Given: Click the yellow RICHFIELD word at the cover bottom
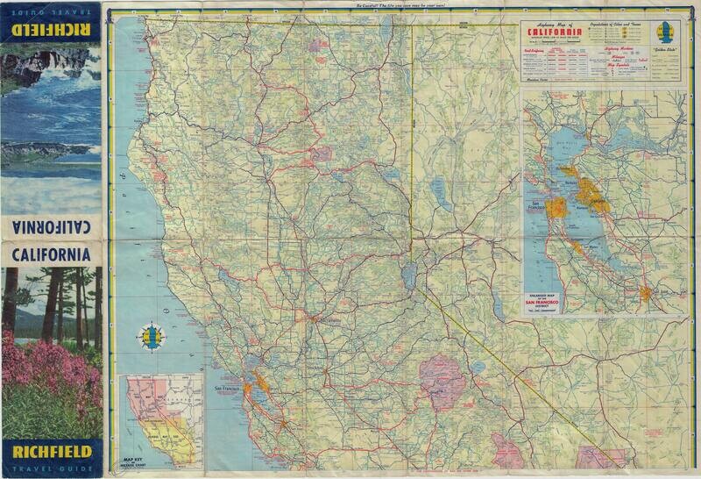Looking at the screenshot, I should point(52,454).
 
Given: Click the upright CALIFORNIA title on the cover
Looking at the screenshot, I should point(52,254).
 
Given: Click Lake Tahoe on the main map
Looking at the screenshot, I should point(408,274).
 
